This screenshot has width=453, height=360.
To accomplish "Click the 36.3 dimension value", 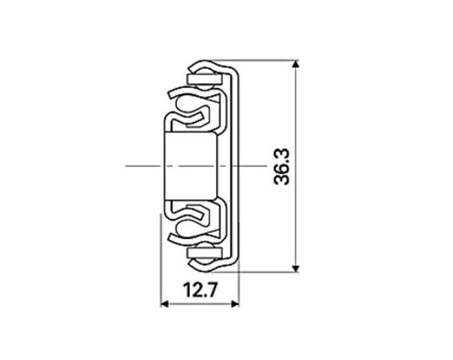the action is pyautogui.click(x=281, y=166).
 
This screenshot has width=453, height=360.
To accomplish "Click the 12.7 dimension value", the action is pyautogui.click(x=200, y=291).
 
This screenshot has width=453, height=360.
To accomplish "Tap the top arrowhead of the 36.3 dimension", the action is pyautogui.click(x=295, y=64).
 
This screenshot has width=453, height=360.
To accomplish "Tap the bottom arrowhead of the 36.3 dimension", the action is pyautogui.click(x=295, y=269).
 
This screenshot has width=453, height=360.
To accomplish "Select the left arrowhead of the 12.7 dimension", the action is pyautogui.click(x=165, y=304).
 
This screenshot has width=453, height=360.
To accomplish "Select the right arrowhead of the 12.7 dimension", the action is pyautogui.click(x=235, y=304).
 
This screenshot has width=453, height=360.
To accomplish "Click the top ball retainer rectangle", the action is pyautogui.click(x=205, y=79).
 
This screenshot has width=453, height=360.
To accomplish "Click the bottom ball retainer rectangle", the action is pyautogui.click(x=205, y=253).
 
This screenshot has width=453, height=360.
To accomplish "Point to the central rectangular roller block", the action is pyautogui.click(x=191, y=166).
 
